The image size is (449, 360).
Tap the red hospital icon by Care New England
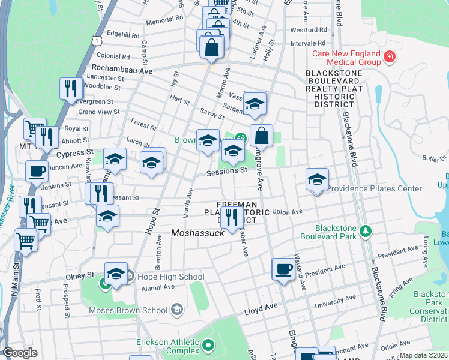[390, 57]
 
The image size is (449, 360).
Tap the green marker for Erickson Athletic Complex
[208, 345]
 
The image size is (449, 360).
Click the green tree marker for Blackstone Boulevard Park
[364, 230]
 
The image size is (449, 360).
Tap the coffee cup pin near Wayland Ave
[283, 269]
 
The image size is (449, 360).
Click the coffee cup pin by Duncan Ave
[37, 171]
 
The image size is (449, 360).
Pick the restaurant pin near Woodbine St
[71, 88]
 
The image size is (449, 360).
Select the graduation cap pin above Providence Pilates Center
[317, 179]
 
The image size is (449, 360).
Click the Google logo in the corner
[20, 353]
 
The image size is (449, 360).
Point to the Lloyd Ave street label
[261, 312]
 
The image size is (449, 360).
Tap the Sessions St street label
[227, 170]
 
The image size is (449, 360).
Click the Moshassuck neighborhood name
[197, 233]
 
